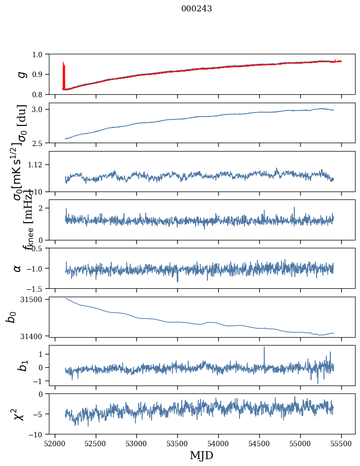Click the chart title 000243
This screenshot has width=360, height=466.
pyautogui.click(x=197, y=8)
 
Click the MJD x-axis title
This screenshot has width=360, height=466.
pyautogui.click(x=201, y=455)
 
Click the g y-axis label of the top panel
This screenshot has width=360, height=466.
pyautogui.click(x=21, y=74)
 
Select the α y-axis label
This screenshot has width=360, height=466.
pyautogui.click(x=18, y=268)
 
